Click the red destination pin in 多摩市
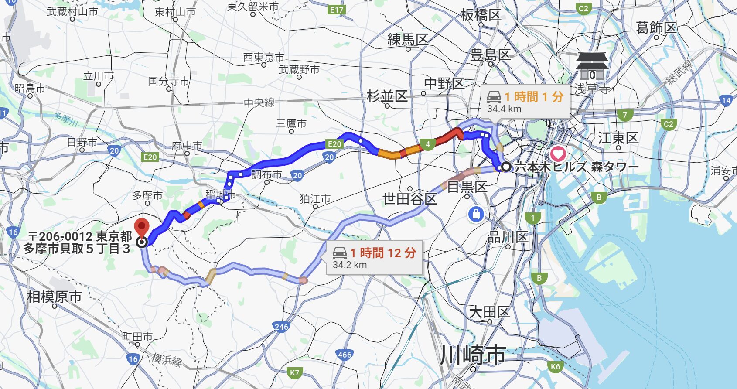[x=142, y=228]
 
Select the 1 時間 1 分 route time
[x=534, y=97]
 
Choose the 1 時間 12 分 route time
[x=383, y=253]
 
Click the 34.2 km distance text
[x=349, y=265]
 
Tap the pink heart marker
[x=558, y=154]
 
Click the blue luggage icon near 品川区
[x=476, y=214]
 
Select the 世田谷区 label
[x=409, y=199]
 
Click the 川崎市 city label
[x=473, y=355]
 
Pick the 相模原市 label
[x=54, y=297]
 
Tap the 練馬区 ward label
[x=408, y=40]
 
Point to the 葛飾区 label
[x=656, y=28]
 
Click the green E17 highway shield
[x=337, y=10]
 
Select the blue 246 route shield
[x=281, y=327]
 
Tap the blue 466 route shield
[x=345, y=355]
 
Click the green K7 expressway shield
[x=295, y=372]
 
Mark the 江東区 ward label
[x=618, y=138]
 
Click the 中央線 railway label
[x=259, y=103]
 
